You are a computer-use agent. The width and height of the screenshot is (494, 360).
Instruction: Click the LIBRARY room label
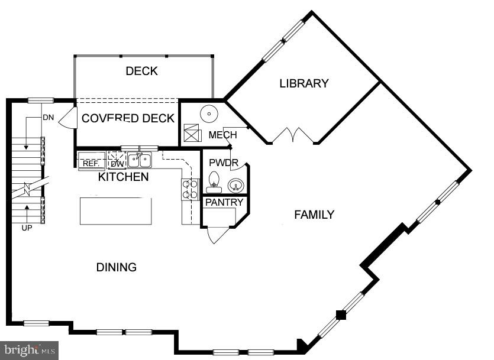303,83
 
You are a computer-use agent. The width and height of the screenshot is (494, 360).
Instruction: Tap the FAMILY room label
314,215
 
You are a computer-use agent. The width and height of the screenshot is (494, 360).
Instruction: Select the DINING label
117,267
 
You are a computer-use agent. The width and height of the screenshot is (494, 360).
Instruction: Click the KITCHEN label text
123,177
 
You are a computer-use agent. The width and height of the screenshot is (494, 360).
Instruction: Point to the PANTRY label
224,202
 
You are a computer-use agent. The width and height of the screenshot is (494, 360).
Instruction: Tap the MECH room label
222,135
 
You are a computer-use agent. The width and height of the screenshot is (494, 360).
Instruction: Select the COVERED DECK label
128,118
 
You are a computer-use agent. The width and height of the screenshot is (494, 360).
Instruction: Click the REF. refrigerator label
91,163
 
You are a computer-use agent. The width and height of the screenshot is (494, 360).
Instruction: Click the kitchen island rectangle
116,211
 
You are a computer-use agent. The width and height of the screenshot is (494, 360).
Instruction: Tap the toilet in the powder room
214,182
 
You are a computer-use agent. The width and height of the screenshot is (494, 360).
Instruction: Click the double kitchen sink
140,160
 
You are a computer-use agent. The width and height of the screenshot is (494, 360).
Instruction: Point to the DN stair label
48,117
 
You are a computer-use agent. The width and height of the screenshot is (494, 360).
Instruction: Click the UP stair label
27,228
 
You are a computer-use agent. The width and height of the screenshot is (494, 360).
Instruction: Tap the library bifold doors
293,135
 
